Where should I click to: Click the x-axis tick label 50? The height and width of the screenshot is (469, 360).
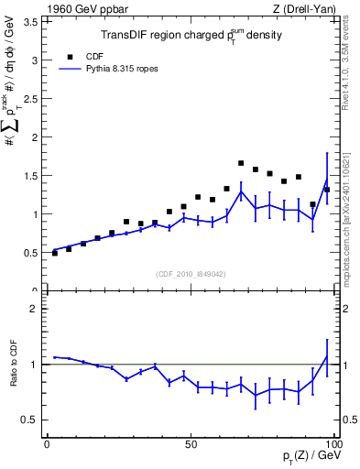coord(190,444)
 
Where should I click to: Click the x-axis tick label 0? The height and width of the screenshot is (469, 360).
coord(47,444)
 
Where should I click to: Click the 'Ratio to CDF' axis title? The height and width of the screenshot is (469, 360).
coord(14,376)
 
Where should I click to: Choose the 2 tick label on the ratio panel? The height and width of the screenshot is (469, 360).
coord(35,309)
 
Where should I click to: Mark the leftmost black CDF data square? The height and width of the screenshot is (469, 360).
coord(54,253)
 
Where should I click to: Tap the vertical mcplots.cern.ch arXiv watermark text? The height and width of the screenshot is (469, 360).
coord(352,220)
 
